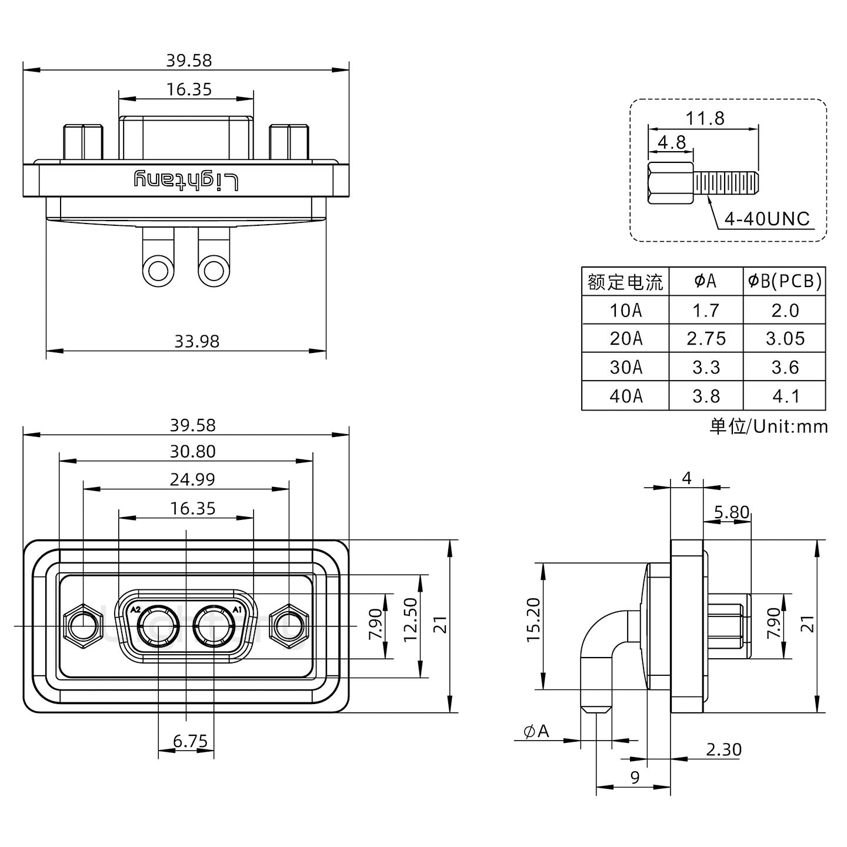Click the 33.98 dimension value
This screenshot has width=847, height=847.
coord(196,341)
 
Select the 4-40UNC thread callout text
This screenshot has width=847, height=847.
coord(766,219)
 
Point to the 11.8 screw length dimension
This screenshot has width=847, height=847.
coord(705,119)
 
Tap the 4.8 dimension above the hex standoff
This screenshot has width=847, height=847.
coord(671,143)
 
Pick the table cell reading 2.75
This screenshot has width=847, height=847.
coord(706,339)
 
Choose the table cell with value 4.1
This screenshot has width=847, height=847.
coord(785,396)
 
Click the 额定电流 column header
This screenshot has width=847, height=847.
coord(625,282)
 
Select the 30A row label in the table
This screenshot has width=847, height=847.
coord(625,368)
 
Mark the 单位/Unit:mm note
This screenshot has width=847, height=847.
coord(768,426)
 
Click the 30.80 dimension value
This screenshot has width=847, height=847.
coord(192,452)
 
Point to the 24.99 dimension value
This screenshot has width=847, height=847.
coord(192,480)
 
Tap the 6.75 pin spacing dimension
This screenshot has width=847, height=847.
coord(190,742)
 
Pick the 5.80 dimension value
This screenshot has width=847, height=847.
coord(732,513)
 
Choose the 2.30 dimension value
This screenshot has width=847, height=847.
coord(723,750)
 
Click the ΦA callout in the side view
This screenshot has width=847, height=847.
coord(536,732)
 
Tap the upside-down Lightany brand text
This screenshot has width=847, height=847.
coord(186,180)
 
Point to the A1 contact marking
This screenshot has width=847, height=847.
coord(237,610)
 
